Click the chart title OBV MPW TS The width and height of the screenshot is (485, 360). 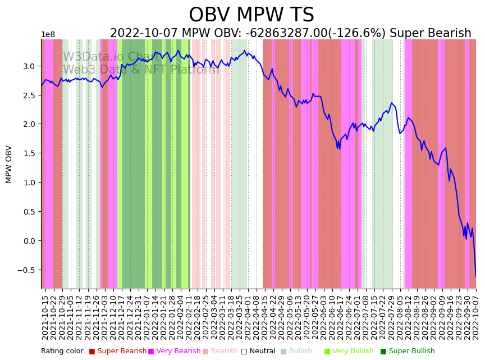click(251, 15)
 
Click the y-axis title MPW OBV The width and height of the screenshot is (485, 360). click(9, 164)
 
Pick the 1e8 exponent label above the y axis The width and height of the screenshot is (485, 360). click(48, 35)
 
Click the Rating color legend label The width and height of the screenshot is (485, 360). click(62, 352)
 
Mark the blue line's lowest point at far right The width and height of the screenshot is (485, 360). click(475, 277)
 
